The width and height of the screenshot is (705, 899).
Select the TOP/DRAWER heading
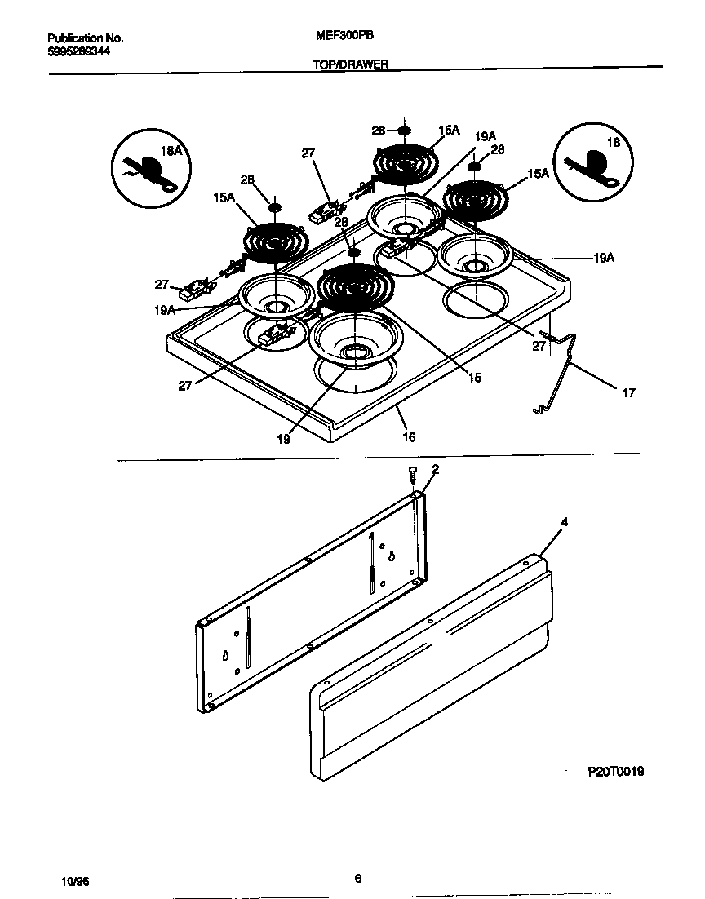(x=350, y=64)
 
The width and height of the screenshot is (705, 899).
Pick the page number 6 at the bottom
(x=357, y=879)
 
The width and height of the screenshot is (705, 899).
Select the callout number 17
(x=627, y=393)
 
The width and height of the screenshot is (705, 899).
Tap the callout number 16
(x=409, y=437)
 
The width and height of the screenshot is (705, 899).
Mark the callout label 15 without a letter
(x=474, y=378)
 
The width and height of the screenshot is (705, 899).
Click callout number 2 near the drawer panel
(x=435, y=469)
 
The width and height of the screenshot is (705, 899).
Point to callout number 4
(x=564, y=521)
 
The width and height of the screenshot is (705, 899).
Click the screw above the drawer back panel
(x=413, y=475)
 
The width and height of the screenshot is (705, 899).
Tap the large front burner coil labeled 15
(x=355, y=285)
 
